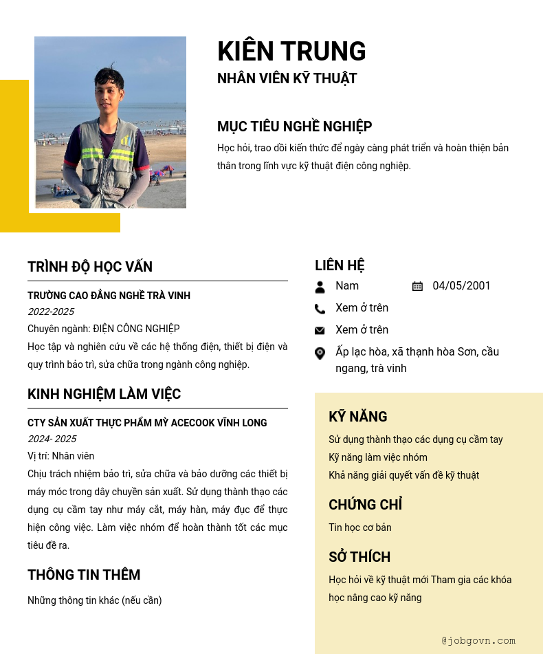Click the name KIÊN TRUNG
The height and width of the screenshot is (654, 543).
click(x=291, y=52)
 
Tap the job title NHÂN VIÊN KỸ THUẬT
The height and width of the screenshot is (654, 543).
click(x=287, y=78)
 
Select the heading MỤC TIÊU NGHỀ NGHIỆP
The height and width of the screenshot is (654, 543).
click(x=294, y=127)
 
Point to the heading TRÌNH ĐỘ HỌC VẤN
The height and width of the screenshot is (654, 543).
click(x=90, y=267)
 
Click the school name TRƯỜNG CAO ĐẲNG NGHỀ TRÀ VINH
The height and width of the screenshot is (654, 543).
click(x=109, y=296)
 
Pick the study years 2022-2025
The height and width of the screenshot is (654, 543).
click(x=51, y=312)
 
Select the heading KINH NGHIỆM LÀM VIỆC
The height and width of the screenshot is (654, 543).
click(x=104, y=394)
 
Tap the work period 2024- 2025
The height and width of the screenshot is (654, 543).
click(x=52, y=439)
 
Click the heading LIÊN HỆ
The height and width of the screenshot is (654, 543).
click(x=340, y=265)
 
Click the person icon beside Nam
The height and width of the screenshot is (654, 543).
click(x=320, y=286)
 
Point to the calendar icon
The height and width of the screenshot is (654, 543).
click(x=417, y=286)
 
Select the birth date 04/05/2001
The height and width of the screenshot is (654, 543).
click(x=461, y=286)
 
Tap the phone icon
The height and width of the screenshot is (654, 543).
click(x=320, y=309)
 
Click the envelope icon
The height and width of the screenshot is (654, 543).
click(x=320, y=331)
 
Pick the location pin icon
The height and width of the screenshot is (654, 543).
click(x=320, y=353)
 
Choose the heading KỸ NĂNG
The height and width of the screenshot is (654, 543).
click(x=357, y=417)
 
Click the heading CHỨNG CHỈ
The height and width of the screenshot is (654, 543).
click(x=365, y=505)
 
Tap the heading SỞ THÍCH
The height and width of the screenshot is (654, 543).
click(x=359, y=557)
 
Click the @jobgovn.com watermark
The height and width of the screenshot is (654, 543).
click(x=478, y=641)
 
